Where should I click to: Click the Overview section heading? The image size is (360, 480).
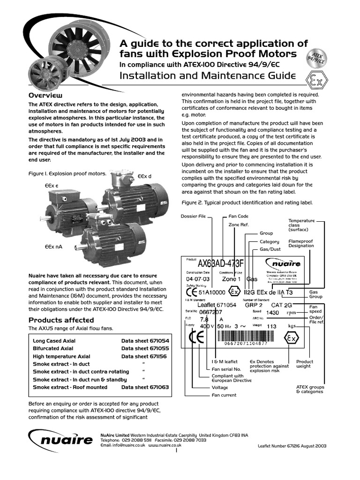[46, 95]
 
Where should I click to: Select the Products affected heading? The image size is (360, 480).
[61, 320]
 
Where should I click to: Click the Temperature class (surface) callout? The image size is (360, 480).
[301, 225]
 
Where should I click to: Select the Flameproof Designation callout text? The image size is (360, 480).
[301, 243]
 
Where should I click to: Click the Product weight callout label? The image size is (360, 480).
[305, 364]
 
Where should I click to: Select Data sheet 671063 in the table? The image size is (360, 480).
[145, 387]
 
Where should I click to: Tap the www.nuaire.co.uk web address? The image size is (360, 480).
[165, 445]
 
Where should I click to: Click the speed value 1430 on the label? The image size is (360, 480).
[273, 312]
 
